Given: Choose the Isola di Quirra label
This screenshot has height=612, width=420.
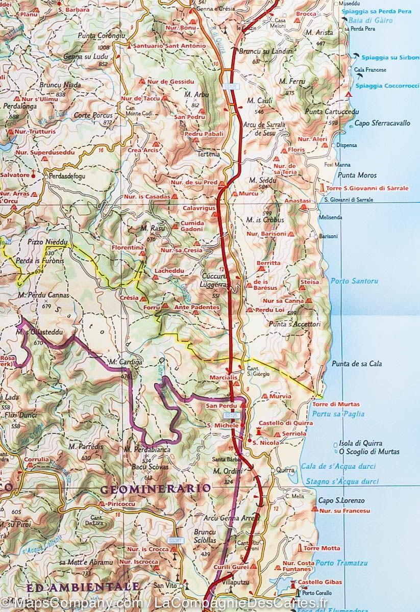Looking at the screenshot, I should (x=360, y=443).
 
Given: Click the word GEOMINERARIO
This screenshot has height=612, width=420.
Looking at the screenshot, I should (x=155, y=489).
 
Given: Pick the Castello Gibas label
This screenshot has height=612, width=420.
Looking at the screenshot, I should (x=320, y=582).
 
